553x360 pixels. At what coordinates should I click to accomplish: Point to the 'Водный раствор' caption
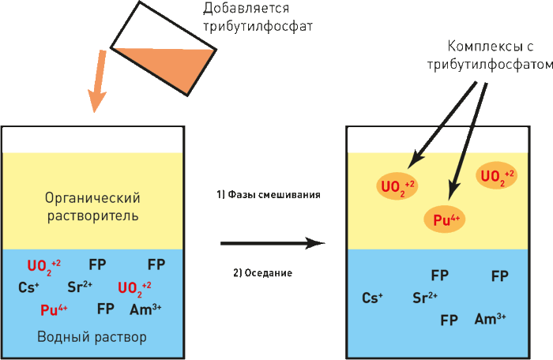click(92, 337)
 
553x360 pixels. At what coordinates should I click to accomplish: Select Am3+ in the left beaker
click(145, 309)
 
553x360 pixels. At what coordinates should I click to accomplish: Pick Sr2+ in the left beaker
click(81, 287)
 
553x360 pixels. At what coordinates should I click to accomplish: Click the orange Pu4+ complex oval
click(447, 220)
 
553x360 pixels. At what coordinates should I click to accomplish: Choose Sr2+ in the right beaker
click(426, 298)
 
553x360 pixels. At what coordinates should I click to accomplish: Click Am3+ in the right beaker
click(490, 319)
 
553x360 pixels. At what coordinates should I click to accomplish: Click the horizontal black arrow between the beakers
click(272, 243)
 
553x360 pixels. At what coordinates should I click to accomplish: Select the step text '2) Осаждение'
click(262, 273)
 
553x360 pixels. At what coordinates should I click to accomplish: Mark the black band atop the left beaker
click(93, 139)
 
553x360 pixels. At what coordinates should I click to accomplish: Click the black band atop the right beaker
click(438, 139)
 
